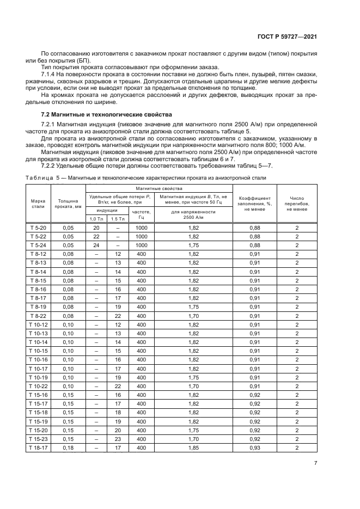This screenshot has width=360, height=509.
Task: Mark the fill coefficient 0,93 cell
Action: [254, 447]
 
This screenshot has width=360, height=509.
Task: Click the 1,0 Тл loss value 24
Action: [96, 245]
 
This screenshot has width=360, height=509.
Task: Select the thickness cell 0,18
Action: [68, 447]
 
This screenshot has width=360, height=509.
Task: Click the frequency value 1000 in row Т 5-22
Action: [142, 236]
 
